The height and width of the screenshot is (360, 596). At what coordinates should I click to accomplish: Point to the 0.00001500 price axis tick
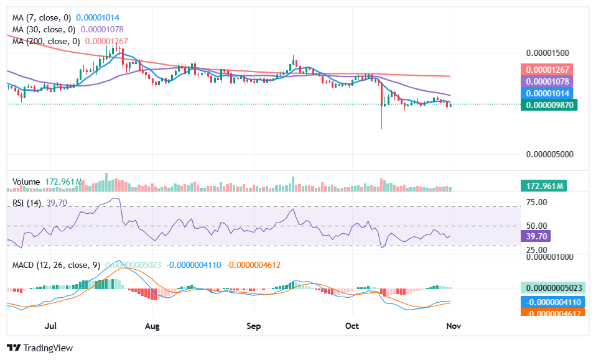pyautogui.click(x=547, y=53)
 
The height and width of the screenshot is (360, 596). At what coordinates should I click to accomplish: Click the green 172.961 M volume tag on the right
pyautogui.click(x=542, y=186)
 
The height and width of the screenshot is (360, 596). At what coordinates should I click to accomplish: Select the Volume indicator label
pyautogui.click(x=26, y=182)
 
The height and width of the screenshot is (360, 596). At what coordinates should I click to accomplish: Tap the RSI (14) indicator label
pyautogui.click(x=28, y=203)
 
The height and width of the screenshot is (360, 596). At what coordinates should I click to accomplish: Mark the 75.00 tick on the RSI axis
pyautogui.click(x=537, y=202)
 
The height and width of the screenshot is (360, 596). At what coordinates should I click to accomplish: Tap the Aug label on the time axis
pyautogui.click(x=152, y=326)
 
